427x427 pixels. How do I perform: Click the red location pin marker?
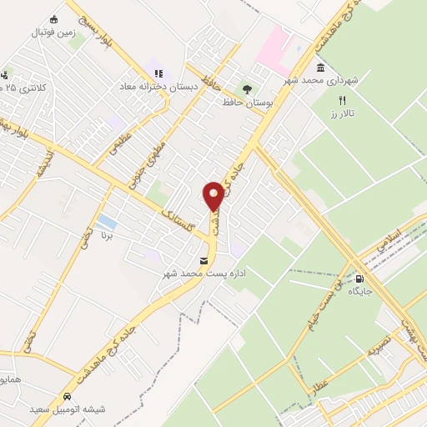[x=214, y=194]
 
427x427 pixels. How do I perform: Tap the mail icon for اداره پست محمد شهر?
[x=204, y=261]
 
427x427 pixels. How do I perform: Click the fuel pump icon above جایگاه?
[x=359, y=279]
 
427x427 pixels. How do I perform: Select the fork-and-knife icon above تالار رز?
[x=341, y=100]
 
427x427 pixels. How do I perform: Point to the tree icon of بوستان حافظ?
[x=247, y=88]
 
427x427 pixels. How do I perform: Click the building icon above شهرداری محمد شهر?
[x=320, y=68]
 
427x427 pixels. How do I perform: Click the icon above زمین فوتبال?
[x=54, y=20]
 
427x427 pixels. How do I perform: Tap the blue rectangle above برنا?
[x=106, y=222]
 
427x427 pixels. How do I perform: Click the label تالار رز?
[x=341, y=113]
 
